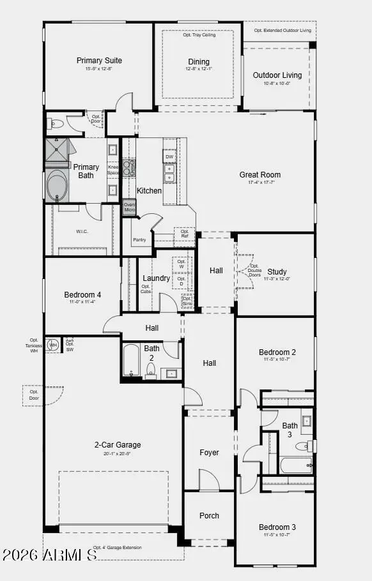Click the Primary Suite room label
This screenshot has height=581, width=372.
pyautogui.click(x=99, y=61)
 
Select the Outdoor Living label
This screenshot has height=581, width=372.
pyautogui.click(x=277, y=75)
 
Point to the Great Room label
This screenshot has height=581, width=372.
pyautogui.click(x=260, y=175)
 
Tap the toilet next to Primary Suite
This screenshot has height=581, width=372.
pyautogui.click(x=55, y=124)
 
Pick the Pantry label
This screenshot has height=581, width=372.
pyautogui.click(x=139, y=240)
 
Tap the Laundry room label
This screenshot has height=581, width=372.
pyautogui.click(x=156, y=278)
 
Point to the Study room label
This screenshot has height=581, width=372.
pyautogui.click(x=277, y=272)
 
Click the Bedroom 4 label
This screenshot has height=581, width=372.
pyautogui.click(x=82, y=295)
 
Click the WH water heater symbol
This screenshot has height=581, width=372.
pyautogui.click(x=53, y=345)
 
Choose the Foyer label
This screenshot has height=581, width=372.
pyautogui.click(x=209, y=453)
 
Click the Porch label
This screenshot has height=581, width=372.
pyautogui.click(x=209, y=516)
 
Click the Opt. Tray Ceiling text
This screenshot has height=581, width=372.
pyautogui.click(x=199, y=34)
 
